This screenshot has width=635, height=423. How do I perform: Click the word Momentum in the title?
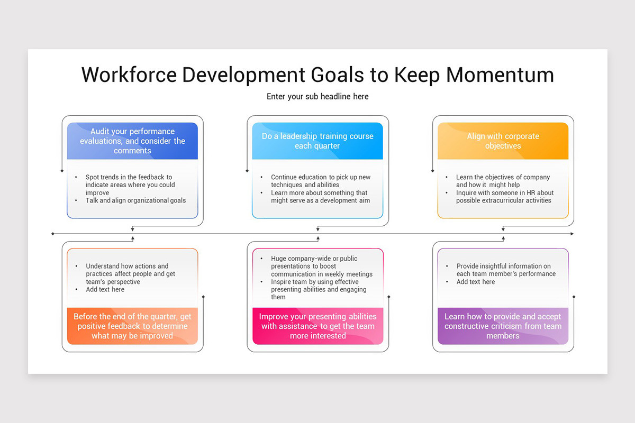pyautogui.click(x=500, y=75)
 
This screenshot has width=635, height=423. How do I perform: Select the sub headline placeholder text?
pyautogui.click(x=317, y=96)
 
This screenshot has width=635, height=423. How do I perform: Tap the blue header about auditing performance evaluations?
pyautogui.click(x=132, y=141)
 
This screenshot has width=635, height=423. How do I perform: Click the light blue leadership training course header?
pyautogui.click(x=317, y=141)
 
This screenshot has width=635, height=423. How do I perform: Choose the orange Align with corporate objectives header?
pyautogui.click(x=503, y=141)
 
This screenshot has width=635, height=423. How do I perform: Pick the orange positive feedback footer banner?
pyautogui.click(x=132, y=326)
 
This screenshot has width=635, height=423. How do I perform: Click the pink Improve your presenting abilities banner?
pyautogui.click(x=317, y=326)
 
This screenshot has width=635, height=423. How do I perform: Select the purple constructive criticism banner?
pyautogui.click(x=503, y=326)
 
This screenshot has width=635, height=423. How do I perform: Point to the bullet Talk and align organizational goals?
pyautogui.click(x=135, y=200)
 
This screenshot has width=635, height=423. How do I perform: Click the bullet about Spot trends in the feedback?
pyautogui.click(x=130, y=185)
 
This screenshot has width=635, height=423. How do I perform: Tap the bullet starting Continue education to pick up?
pyautogui.click(x=320, y=181)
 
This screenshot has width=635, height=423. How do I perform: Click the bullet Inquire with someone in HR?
pyautogui.click(x=504, y=197)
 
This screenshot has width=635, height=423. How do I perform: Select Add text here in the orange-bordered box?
pyautogui.click(x=105, y=289)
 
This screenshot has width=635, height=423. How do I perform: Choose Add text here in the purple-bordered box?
pyautogui.click(x=475, y=282)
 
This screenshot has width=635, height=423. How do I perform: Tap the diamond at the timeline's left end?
pyautogui.click(x=52, y=234)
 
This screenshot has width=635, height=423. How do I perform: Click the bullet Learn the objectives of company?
pyautogui.click(x=503, y=181)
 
